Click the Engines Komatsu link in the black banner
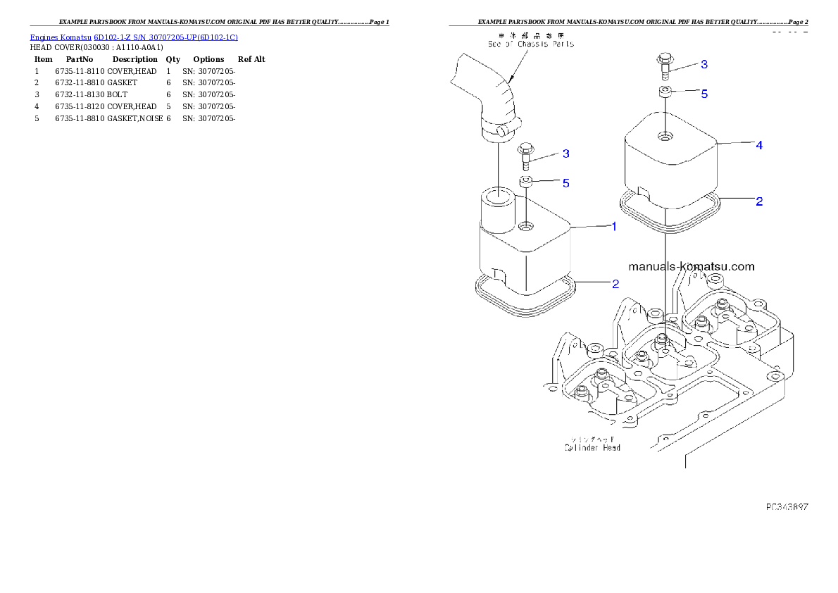[x=134, y=37]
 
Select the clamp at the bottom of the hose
[x=499, y=130]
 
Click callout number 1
[x=614, y=227]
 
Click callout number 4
[x=759, y=145]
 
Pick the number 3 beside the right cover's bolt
[x=703, y=64]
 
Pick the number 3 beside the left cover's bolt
[x=565, y=153]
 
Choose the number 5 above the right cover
[x=703, y=93]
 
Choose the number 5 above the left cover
[x=565, y=182]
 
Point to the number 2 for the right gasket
[x=759, y=201]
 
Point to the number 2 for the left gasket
[x=615, y=284]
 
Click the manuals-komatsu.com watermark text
[x=691, y=266]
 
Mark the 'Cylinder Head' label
[x=592, y=447]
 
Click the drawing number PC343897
[x=787, y=506]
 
